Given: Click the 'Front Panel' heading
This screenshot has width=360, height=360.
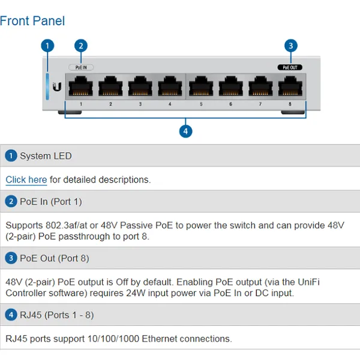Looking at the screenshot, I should click(32, 21).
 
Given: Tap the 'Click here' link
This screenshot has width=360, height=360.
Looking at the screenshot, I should click(26, 179).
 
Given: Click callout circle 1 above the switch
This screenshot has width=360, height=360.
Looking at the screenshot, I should click(48, 46).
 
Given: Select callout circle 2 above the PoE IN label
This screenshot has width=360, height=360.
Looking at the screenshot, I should click(81, 46).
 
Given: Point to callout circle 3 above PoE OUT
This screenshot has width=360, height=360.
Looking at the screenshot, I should click(290, 46).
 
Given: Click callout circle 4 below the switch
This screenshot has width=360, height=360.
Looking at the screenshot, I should click(185, 130).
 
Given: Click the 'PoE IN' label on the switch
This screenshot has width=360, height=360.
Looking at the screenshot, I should click(81, 68).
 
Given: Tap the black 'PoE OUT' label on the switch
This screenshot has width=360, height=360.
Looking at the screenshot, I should click(290, 68).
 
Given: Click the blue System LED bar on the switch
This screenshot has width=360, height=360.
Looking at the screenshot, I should click(48, 86).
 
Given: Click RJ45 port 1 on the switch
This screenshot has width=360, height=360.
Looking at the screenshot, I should click(80, 88).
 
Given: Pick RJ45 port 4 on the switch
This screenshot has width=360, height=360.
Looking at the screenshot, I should click(170, 88).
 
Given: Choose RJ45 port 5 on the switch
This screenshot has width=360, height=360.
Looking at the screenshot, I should click(200, 88).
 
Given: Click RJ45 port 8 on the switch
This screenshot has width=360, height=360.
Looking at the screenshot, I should click(290, 88).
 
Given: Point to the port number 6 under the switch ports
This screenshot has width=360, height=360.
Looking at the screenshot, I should click(230, 104).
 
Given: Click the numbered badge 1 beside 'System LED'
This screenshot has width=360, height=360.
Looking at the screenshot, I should click(11, 156).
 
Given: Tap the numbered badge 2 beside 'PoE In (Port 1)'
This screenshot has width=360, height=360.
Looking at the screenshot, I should click(11, 202).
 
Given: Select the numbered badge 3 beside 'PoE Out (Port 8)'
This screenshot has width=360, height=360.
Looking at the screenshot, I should click(11, 259).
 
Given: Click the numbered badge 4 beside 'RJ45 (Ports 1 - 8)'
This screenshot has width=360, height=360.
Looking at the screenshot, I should click(11, 315).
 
